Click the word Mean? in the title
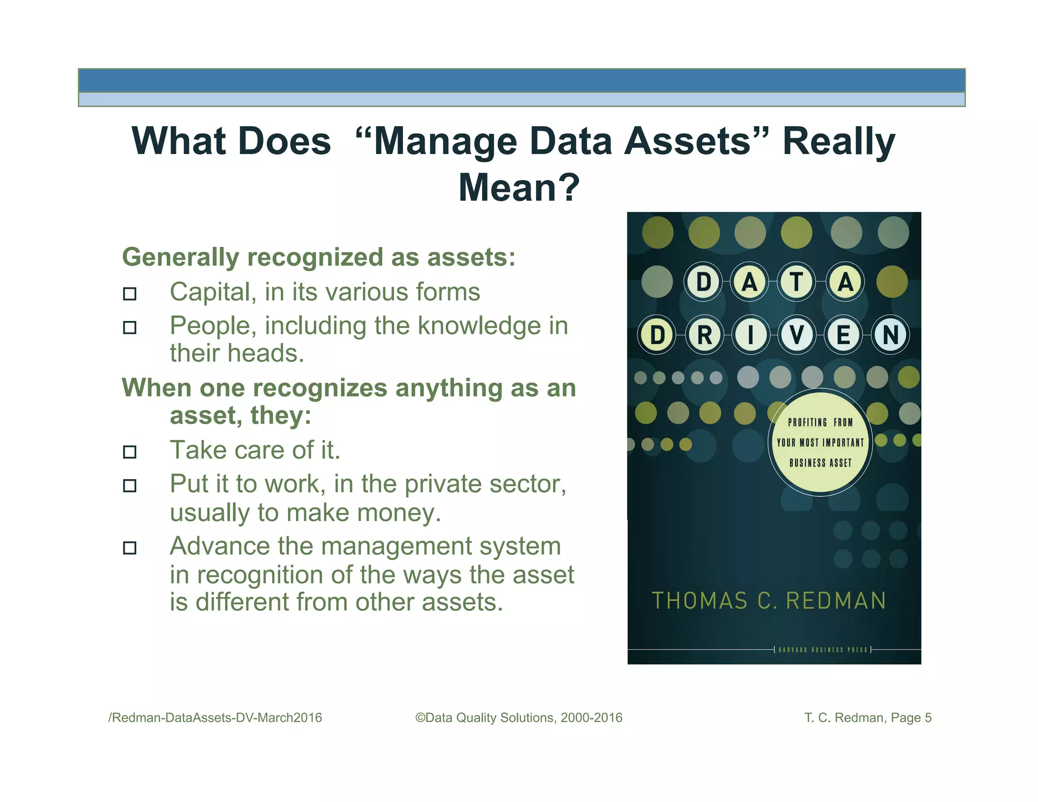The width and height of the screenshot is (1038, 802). coord(518,188)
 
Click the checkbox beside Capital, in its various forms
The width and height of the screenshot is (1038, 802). coord(130,294)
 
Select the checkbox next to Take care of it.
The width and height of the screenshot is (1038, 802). coord(130,452)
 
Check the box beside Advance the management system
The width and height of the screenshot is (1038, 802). coord(130,548)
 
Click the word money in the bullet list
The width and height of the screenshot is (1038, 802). coord(395,513)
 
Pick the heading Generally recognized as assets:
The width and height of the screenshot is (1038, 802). coord(319,257)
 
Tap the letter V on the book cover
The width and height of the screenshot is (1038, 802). coord(797,335)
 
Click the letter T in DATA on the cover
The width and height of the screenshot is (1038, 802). coord(797,282)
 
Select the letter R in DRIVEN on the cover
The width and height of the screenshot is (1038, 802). coord(704,335)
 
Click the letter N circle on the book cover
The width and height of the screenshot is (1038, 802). coord(891,335)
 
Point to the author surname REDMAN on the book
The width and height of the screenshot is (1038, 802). coord(836,601)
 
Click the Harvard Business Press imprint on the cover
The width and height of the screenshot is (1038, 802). coord(823,649)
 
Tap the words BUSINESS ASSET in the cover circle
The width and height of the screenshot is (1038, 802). coord(821,463)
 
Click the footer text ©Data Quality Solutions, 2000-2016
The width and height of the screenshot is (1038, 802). coord(518,718)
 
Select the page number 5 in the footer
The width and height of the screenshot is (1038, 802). coord(928,718)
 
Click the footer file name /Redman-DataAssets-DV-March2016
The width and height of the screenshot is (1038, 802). coord(215,718)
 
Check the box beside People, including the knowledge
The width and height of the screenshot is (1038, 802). coord(130,327)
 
